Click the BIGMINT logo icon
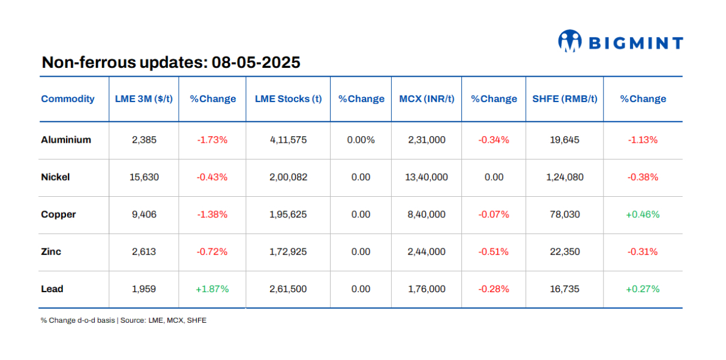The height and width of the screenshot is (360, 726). pos(570,41)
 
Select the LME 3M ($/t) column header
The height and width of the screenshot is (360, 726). pos(144,99)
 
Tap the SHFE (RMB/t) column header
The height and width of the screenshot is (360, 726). pos(565,99)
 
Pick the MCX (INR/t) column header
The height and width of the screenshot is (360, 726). pos(427,99)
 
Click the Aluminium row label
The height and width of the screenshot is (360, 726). pos(66,140)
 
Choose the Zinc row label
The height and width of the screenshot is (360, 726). pos(51,251)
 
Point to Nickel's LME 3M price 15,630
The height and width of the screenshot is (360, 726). pos(144,177)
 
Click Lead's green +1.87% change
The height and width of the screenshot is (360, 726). pos(212,289)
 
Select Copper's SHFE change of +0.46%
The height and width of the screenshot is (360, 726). pos(643,214)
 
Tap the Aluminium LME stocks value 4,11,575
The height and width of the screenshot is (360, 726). pos(288,140)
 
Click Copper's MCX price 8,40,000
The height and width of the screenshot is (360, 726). pos(427,214)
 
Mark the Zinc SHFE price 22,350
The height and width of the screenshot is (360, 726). pos(565,251)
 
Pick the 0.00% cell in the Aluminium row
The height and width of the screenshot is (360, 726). pos(361,140)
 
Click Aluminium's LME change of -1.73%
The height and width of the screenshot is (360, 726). pos(212,140)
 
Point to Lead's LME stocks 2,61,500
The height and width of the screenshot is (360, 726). pos(288,289)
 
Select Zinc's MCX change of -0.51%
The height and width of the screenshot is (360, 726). pos(493,251)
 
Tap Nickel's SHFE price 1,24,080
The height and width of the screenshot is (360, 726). pos(565,177)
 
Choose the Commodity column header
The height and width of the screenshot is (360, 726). pos(68,99)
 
